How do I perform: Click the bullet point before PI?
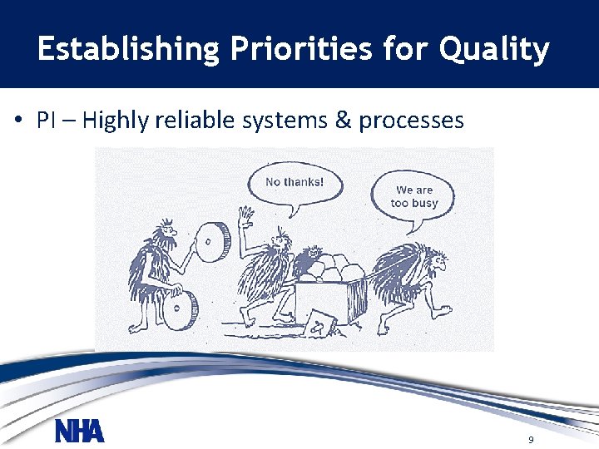point(17,121)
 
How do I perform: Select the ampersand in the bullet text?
point(342,121)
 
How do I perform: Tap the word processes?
point(411,121)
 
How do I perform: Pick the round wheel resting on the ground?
point(180,308)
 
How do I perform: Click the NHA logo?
point(79,432)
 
